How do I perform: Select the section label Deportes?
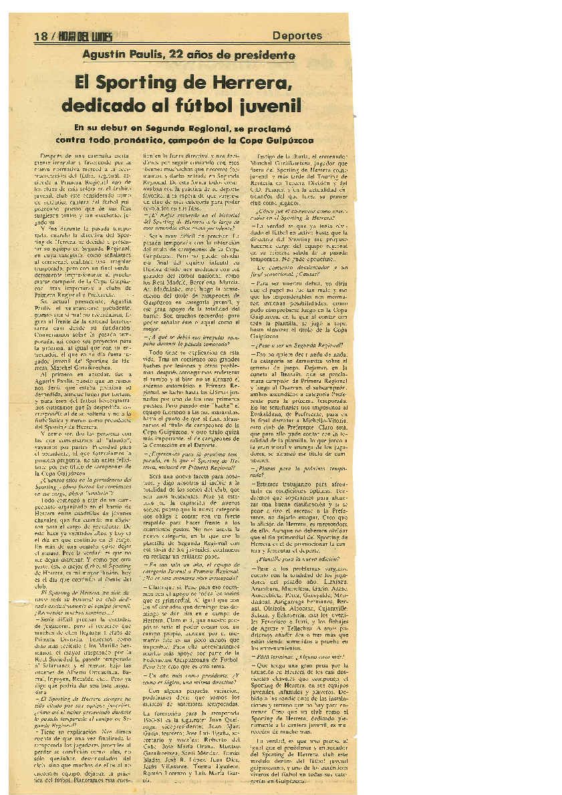297,36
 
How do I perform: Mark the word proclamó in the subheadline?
276,128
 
